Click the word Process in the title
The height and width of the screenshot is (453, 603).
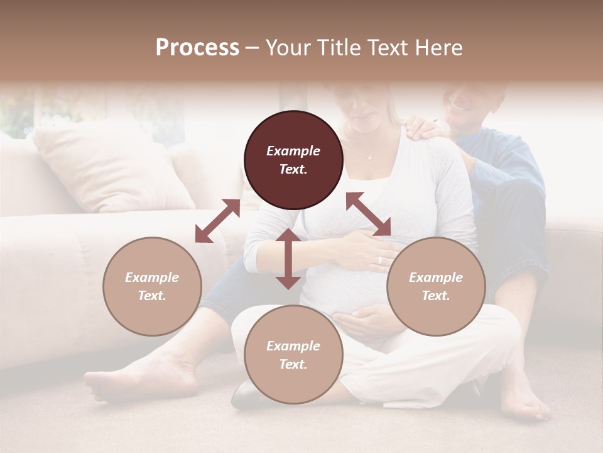[197, 48]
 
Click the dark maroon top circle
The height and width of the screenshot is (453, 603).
[293, 160]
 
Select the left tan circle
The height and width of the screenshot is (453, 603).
[152, 286]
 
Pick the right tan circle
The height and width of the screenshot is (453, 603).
[436, 286]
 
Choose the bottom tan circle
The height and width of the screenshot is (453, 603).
[293, 355]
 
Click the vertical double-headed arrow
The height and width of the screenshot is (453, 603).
[288, 259]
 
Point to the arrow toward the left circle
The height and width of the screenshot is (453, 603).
[217, 221]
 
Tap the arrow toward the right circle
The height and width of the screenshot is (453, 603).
[368, 214]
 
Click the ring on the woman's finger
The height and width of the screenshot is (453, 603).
[379, 260]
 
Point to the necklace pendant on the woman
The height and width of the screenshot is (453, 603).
[370, 157]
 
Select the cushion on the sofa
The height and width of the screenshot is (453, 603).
[107, 167]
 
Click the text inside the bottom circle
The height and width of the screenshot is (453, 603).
[293, 355]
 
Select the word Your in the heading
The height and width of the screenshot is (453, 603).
[290, 48]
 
